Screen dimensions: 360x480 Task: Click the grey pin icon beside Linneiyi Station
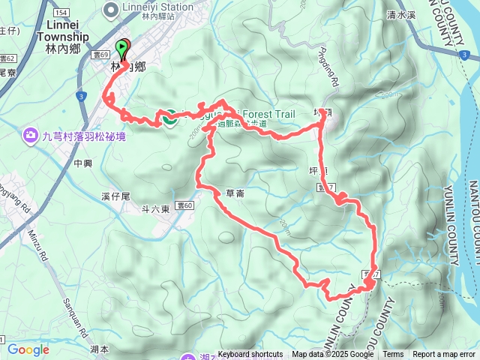pos(112,10)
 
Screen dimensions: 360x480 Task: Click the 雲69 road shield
pos(103,55)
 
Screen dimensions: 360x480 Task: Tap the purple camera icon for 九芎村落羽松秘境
pos(31,136)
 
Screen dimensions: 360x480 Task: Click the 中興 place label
pos(83,162)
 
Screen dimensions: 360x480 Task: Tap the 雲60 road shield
pos(185,204)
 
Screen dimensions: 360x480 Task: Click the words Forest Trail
pos(266,115)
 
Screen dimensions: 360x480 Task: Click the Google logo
pos(28,349)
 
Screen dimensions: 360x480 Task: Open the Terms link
pos(393,354)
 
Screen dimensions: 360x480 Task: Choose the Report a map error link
pos(445,354)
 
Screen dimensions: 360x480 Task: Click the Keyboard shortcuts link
pos(250,354)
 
